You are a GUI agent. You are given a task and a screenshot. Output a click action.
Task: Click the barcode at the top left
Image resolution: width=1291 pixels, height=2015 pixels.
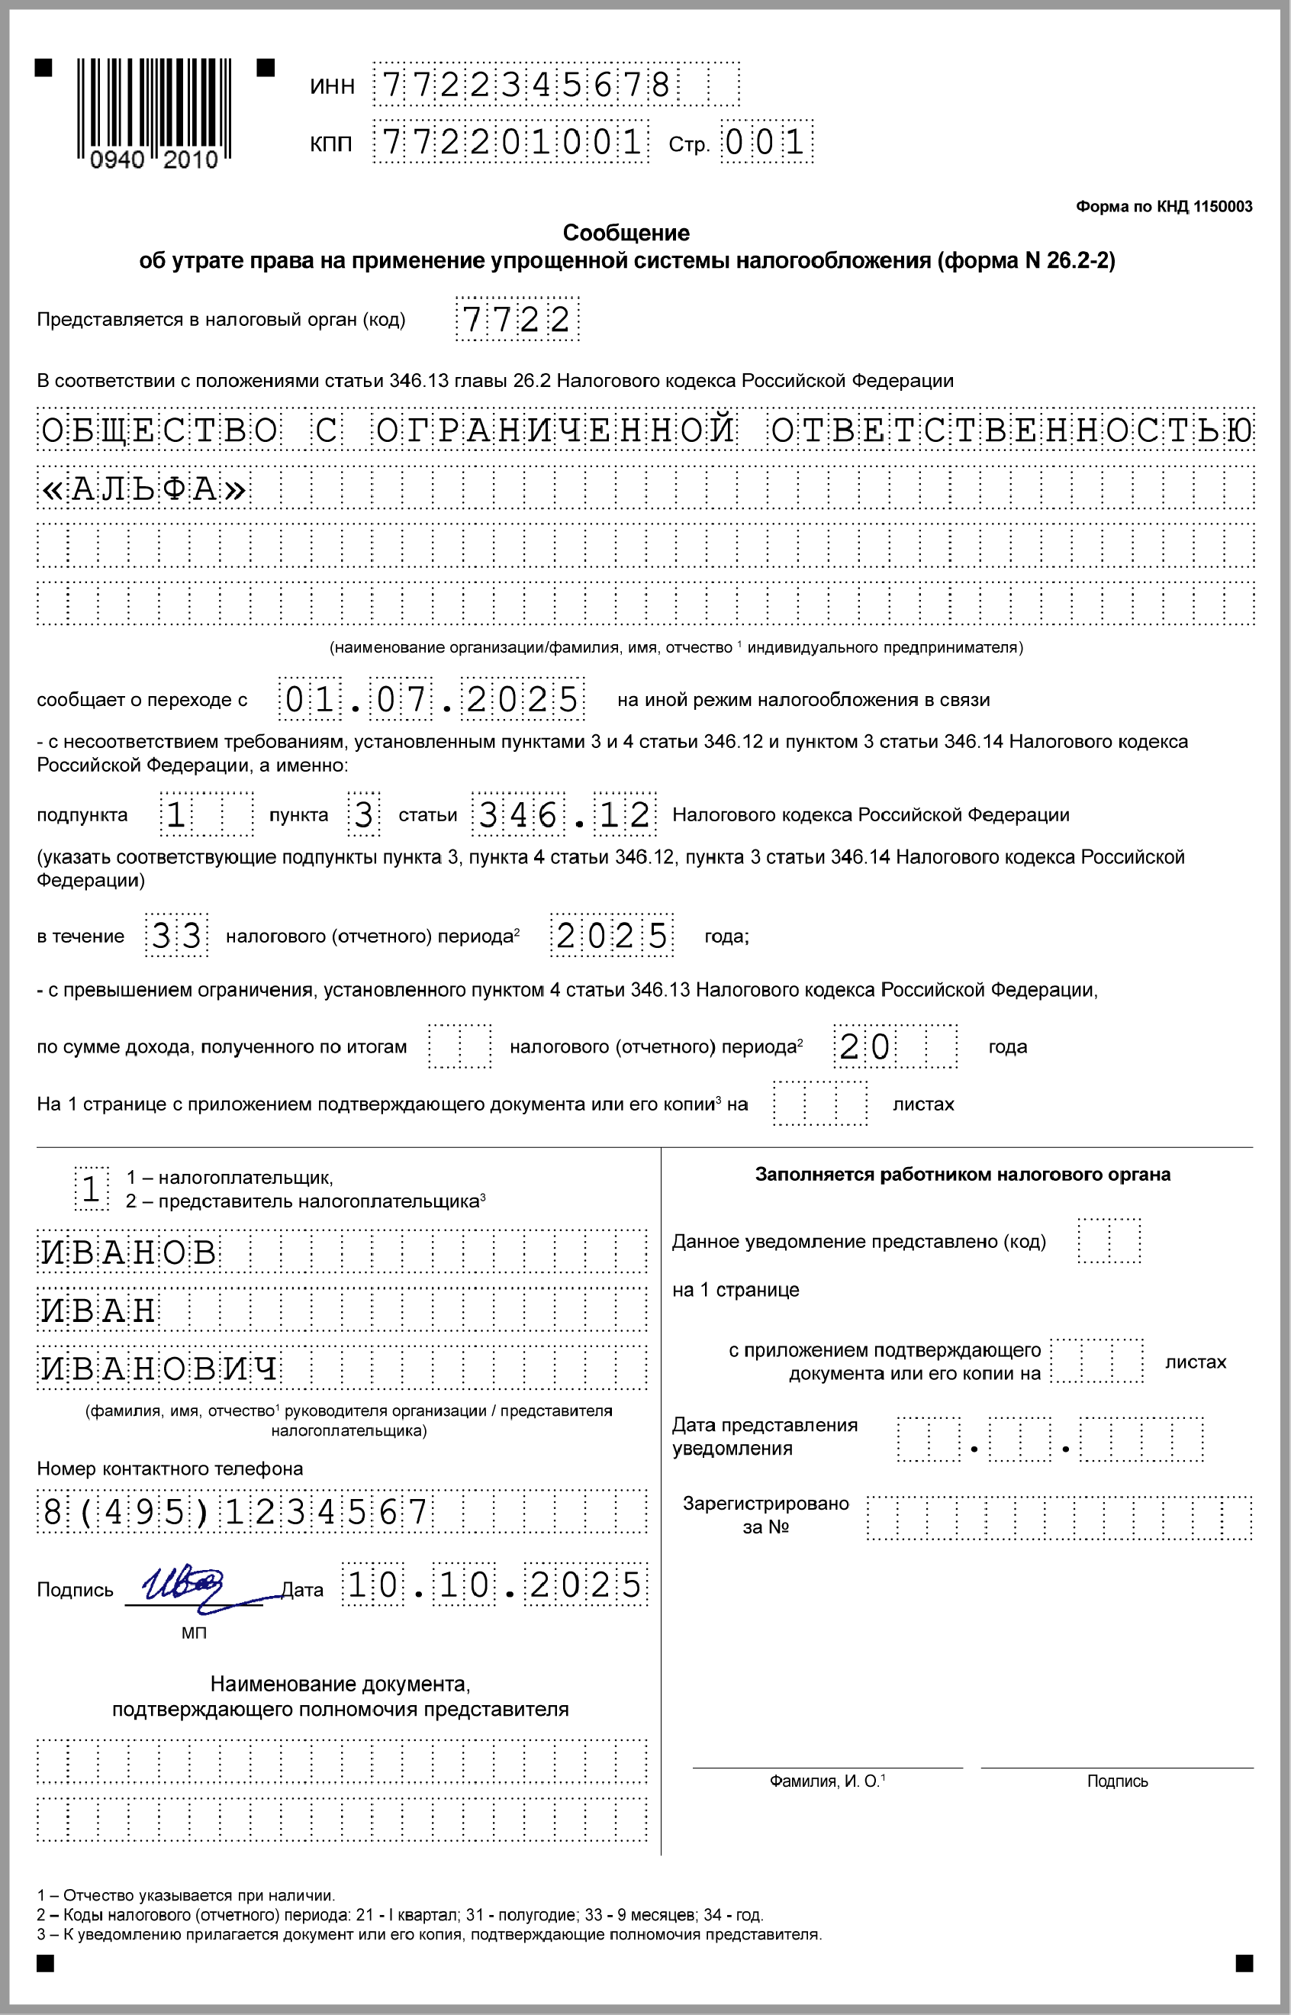(x=154, y=109)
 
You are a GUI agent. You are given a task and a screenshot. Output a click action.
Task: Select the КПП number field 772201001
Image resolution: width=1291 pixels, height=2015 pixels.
(x=510, y=142)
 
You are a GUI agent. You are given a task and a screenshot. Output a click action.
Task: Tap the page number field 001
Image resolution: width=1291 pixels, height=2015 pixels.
(x=766, y=142)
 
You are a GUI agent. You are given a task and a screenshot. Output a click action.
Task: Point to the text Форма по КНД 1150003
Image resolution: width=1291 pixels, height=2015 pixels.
(x=1164, y=206)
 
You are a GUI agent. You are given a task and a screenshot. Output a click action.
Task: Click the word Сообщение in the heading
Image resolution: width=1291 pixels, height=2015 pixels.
(x=626, y=232)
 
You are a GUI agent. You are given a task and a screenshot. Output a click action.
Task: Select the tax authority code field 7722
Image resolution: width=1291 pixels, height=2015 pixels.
(x=517, y=318)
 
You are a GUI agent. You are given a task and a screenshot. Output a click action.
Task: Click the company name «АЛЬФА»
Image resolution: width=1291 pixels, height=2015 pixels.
(x=143, y=488)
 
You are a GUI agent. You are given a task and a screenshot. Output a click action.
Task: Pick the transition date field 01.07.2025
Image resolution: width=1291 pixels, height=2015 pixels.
(x=432, y=698)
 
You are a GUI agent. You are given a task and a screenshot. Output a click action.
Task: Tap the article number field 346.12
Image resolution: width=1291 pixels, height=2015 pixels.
(x=563, y=814)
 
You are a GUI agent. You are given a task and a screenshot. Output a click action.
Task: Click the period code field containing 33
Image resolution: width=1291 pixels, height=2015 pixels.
(x=176, y=935)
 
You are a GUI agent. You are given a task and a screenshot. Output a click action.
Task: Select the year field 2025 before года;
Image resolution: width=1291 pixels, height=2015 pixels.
(x=612, y=935)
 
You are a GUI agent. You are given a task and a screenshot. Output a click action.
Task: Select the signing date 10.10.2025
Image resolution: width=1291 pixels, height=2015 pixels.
(x=494, y=1584)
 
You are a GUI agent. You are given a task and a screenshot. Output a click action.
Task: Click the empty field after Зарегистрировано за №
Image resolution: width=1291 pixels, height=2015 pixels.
(x=1059, y=1517)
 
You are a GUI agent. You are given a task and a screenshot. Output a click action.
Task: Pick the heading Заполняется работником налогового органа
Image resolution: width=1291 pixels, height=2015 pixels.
(x=962, y=1174)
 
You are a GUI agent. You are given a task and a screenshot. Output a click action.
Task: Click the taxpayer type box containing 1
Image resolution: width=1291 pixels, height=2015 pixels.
(x=92, y=1188)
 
